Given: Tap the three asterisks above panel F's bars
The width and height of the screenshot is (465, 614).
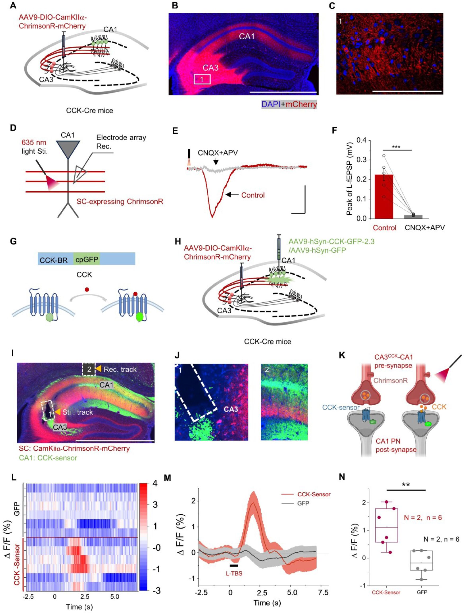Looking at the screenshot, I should pos(396,146).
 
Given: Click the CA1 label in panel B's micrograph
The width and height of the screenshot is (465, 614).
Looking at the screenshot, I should pos(247,36).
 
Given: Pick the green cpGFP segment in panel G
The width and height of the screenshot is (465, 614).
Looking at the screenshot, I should pos(86,260).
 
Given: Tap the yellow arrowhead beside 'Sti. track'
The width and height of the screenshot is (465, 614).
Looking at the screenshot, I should pos(57,412).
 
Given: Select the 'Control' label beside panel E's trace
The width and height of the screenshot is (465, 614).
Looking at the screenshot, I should pos(253,195).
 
